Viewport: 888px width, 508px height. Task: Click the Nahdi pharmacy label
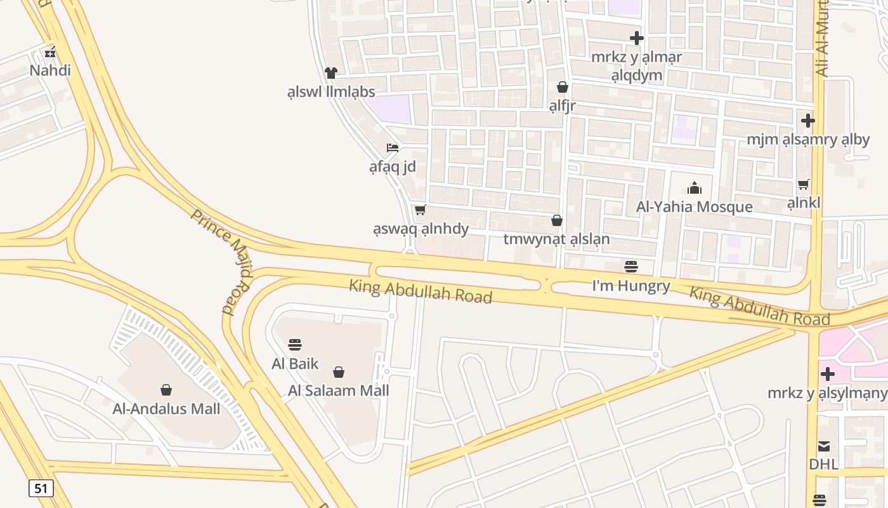[x=50, y=70]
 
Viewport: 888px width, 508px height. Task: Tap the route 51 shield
[x=41, y=488]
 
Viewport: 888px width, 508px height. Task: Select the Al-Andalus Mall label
[x=166, y=408]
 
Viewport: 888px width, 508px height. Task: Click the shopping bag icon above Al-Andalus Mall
[x=166, y=389]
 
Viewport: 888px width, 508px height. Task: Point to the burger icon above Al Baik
[x=295, y=345]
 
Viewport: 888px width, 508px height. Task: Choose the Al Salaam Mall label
[x=338, y=391]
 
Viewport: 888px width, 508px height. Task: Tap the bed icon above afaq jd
[x=393, y=148]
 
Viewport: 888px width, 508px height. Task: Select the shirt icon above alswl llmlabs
[x=330, y=73]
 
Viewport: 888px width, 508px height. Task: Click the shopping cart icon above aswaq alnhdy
[x=420, y=210]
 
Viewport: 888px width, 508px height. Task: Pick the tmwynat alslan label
[x=556, y=239]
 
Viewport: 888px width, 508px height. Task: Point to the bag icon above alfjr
[x=562, y=87]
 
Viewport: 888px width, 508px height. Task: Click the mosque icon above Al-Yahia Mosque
[x=695, y=188]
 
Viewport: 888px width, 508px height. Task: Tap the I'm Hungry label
[x=630, y=286]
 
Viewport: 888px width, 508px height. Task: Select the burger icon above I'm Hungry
[x=630, y=267]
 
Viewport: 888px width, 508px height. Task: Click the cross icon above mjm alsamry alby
[x=807, y=120]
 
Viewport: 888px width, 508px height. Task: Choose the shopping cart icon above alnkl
[x=804, y=184]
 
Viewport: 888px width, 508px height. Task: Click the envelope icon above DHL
[x=823, y=446]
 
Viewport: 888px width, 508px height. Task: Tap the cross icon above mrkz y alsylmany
[x=827, y=373]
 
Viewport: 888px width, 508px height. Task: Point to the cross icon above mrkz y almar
[x=636, y=38]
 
